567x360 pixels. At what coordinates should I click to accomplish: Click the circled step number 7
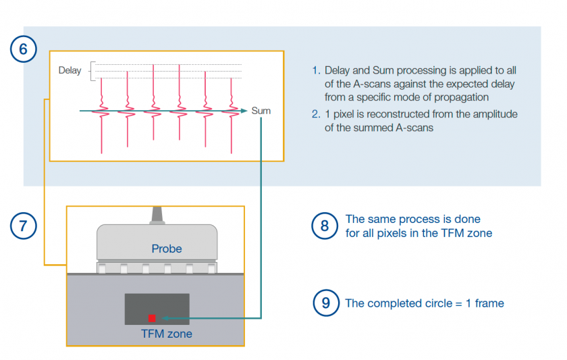(24, 225)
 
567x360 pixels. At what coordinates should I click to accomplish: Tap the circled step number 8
(325, 226)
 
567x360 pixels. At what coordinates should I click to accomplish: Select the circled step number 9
(325, 303)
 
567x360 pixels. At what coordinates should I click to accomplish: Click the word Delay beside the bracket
(70, 70)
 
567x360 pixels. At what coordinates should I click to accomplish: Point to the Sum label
(261, 110)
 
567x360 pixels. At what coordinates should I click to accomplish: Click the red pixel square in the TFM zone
(152, 317)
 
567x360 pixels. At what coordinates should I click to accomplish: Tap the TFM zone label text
(166, 334)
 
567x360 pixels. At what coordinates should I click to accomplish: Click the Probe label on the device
(166, 249)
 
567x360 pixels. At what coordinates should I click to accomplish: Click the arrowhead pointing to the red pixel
(163, 317)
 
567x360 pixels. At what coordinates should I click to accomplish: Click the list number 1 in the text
(315, 70)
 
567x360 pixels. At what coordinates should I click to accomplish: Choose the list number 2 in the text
(315, 114)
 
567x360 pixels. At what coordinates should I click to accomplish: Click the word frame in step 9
(489, 303)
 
